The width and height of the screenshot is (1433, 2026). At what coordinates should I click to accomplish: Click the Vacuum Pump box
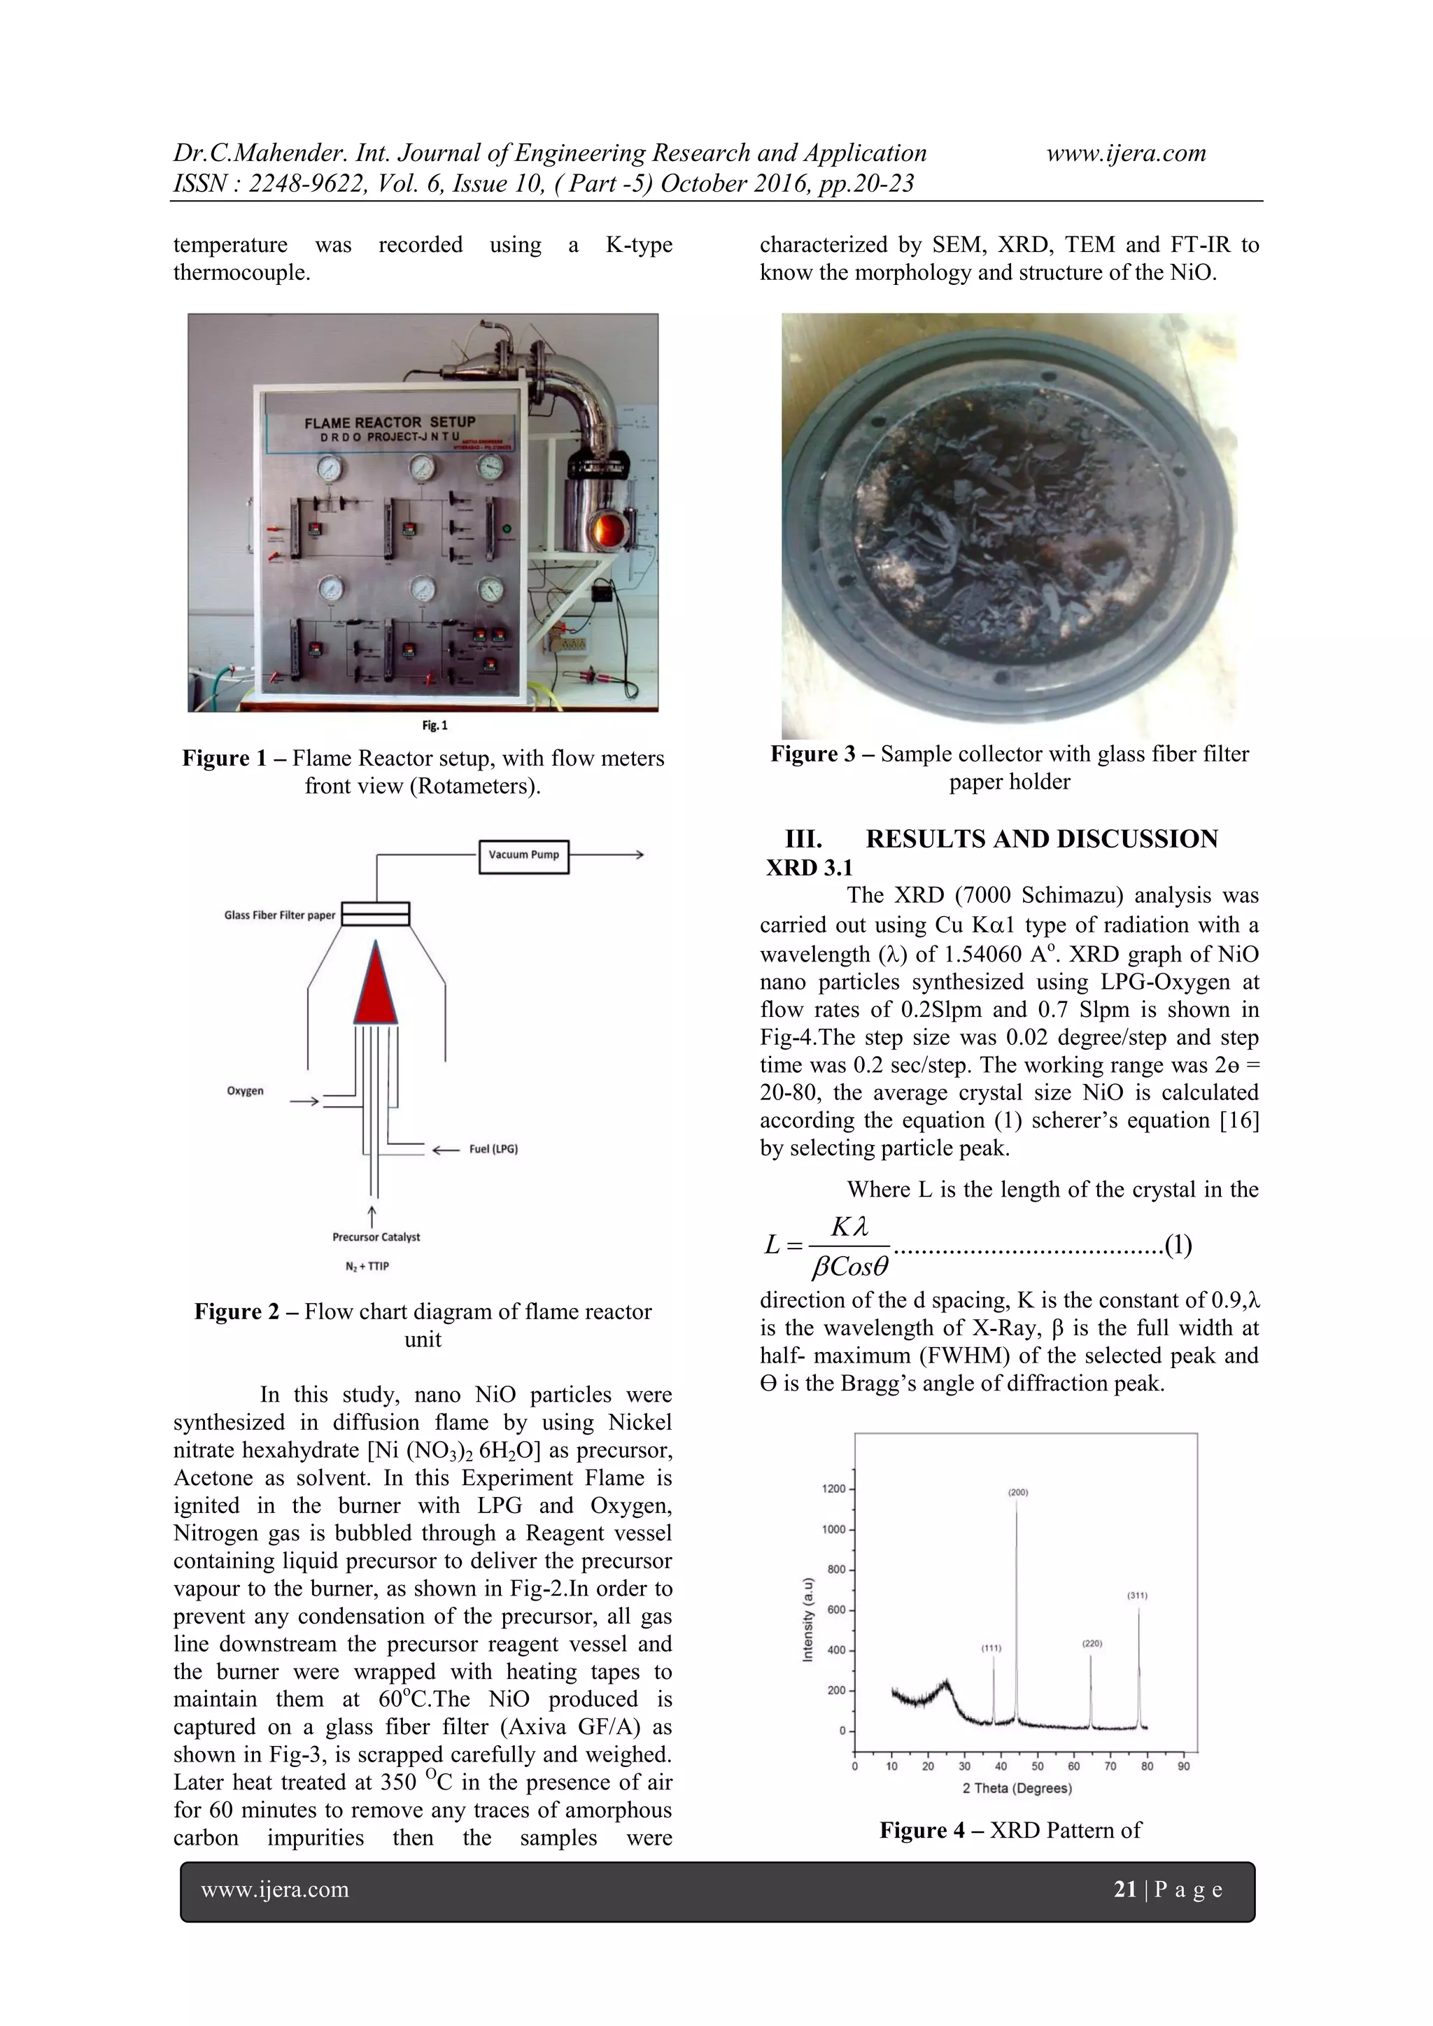point(524,855)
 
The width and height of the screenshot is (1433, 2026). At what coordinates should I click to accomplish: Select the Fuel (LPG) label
point(493,1149)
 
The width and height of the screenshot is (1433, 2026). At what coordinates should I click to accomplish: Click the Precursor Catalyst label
point(376,1237)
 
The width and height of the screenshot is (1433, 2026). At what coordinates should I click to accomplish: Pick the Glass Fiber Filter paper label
point(279,915)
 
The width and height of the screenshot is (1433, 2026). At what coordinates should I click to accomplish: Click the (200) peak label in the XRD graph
point(1017,1492)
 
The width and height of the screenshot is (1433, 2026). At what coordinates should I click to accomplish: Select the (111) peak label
point(991,1647)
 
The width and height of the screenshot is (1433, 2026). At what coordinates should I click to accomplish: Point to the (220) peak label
point(1092,1644)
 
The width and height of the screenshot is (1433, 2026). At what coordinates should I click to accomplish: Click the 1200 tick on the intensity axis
point(833,1489)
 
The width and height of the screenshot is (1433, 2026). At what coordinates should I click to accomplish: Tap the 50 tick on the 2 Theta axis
point(1037,1766)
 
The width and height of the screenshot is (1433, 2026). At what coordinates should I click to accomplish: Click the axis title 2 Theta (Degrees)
point(1017,1789)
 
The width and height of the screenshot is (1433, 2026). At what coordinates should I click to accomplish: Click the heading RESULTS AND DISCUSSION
point(1041,839)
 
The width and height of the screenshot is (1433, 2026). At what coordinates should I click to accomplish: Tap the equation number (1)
point(1178,1245)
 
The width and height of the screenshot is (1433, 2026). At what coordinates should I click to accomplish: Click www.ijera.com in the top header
point(1126,153)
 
